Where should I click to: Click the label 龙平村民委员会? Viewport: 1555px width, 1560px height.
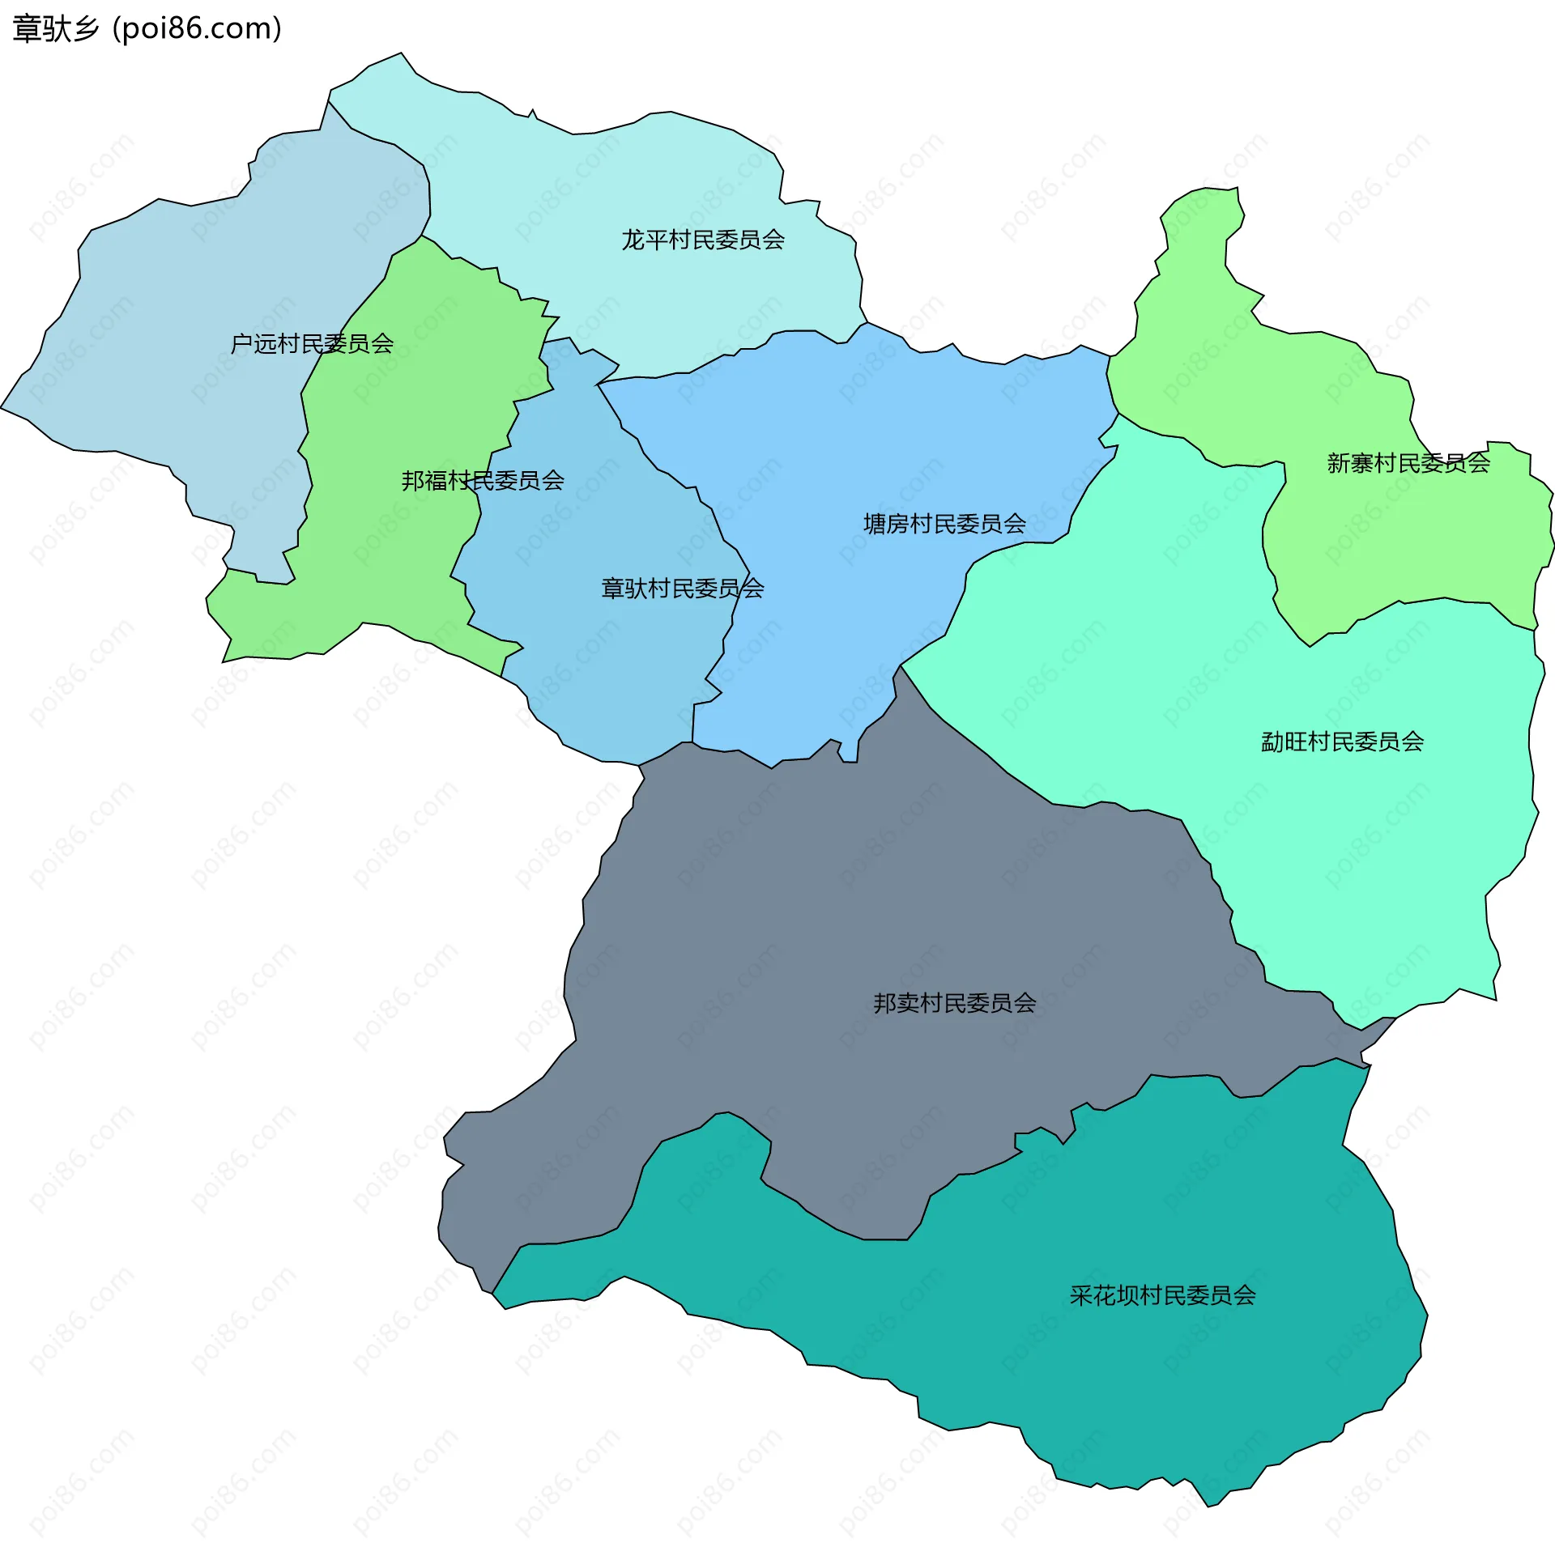pos(703,240)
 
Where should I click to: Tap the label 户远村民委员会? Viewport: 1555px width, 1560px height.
pos(312,344)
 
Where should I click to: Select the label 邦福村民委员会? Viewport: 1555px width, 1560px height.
pos(483,481)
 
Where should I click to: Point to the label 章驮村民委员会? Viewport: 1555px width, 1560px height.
pos(682,589)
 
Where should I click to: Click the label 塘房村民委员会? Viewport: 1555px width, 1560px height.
pos(944,524)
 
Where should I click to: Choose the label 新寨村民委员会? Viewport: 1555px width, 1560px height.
pos(1408,463)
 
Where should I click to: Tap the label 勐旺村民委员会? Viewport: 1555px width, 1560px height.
pos(1342,742)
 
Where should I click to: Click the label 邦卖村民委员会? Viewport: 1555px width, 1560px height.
pos(954,1003)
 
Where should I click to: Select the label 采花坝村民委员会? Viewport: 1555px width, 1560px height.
pos(1162,1295)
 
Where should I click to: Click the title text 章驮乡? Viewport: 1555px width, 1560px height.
pos(55,29)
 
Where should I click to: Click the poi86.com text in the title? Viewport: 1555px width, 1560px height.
pos(198,29)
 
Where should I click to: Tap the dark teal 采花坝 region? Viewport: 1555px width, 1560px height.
pos(1053,1376)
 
